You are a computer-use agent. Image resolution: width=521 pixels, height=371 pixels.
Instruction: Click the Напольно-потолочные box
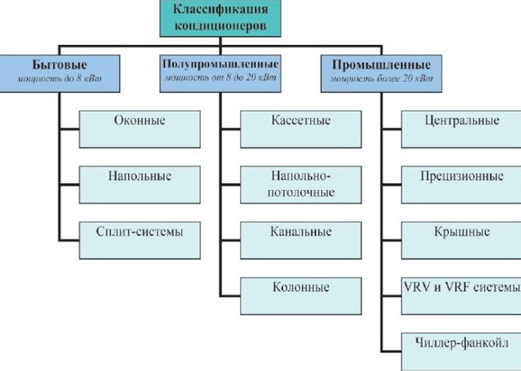(301, 183)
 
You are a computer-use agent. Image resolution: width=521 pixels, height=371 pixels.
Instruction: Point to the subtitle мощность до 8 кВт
(59, 80)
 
